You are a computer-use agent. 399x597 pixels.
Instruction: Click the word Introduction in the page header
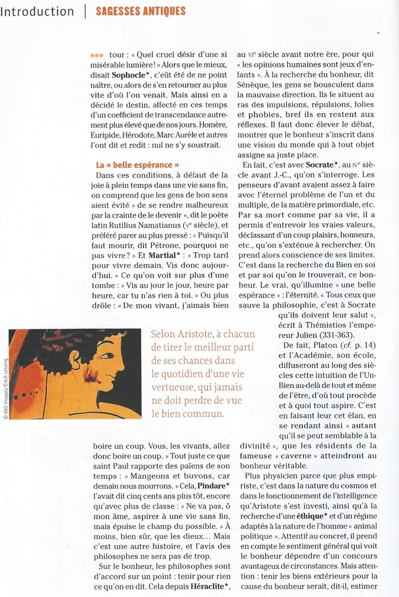click(x=37, y=12)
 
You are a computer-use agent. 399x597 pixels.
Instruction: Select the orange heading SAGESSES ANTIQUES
click(x=140, y=11)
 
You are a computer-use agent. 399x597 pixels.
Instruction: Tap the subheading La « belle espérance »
click(x=137, y=165)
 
